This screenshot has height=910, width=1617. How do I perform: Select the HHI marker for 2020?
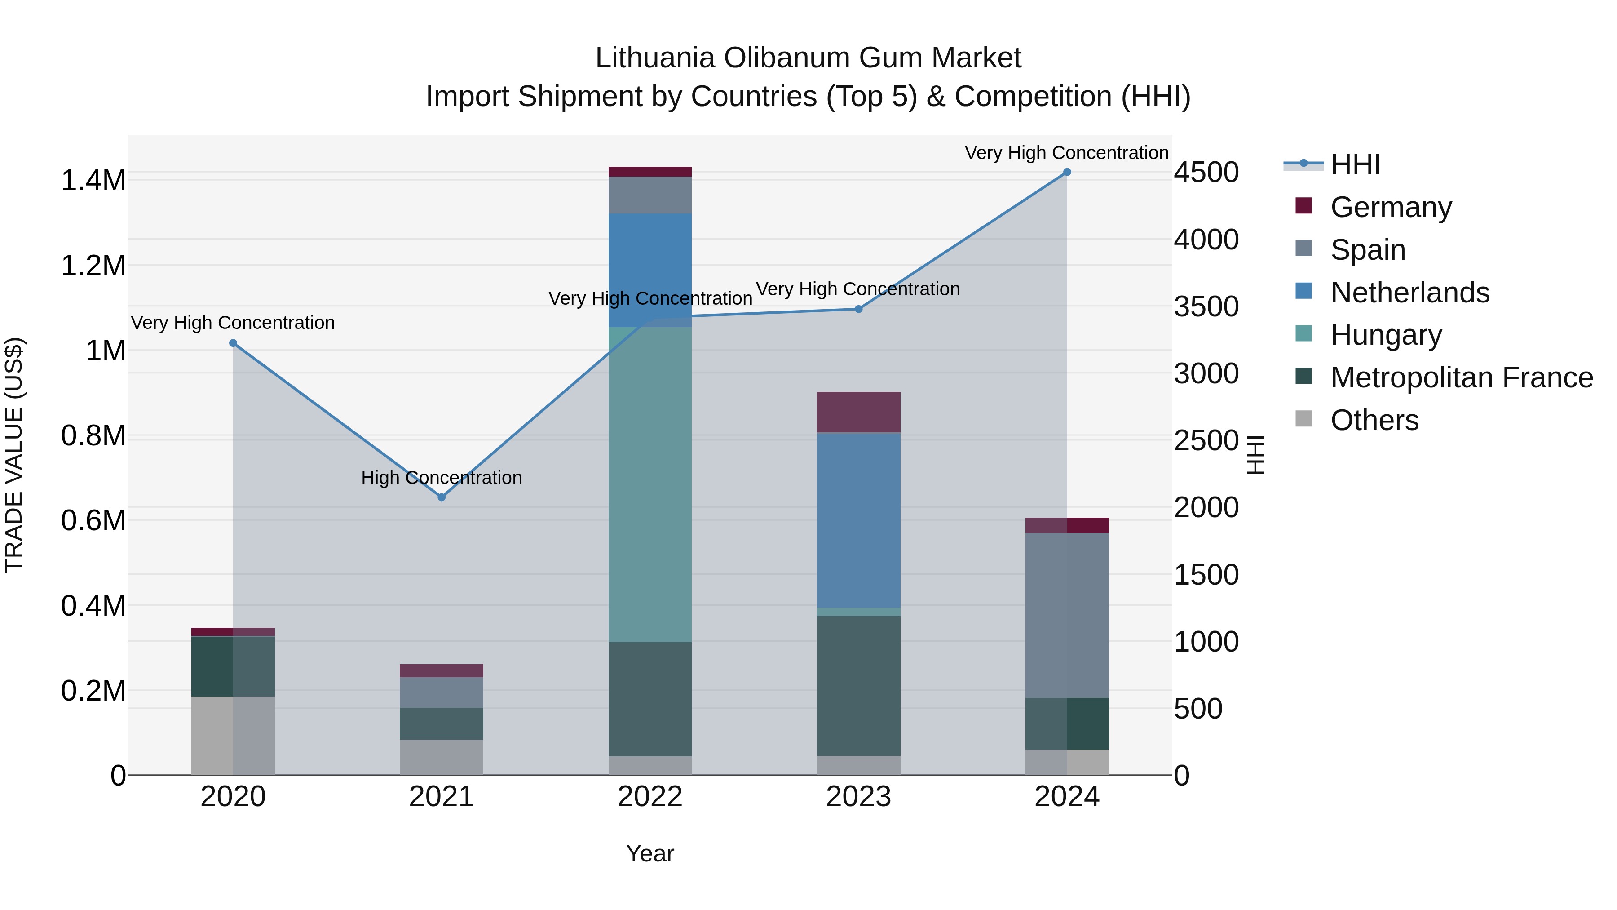tap(233, 343)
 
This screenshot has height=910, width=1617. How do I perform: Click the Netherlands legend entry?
tap(1409, 293)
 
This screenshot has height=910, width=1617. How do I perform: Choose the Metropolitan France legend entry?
tap(1461, 377)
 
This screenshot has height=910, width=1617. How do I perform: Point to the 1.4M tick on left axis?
tap(93, 180)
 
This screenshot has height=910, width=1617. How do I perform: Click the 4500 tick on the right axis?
tap(1206, 172)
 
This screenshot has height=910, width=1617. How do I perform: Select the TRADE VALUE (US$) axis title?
tap(14, 455)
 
